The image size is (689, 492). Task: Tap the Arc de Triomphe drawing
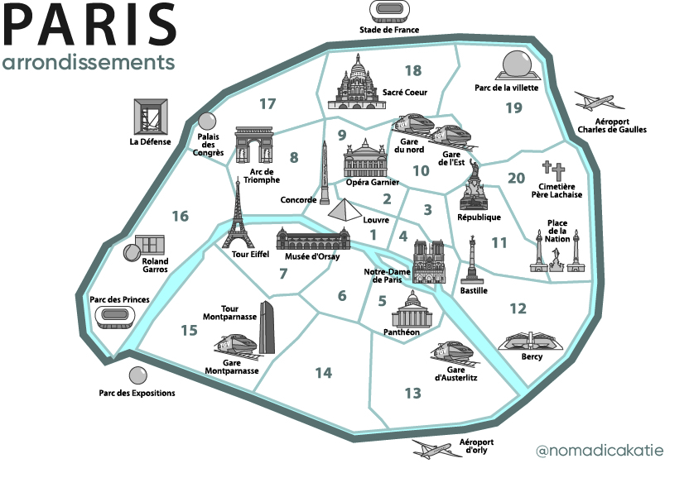point(253,147)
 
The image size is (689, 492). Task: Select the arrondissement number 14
point(323,373)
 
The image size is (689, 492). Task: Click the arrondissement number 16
point(181,217)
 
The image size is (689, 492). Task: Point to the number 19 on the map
point(513,107)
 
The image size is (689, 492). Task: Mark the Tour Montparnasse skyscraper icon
point(267,327)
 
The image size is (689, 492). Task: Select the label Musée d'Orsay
point(307,256)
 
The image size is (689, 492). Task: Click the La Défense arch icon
point(150,117)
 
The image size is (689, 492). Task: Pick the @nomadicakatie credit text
point(600,451)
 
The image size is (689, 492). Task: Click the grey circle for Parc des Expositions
point(137,376)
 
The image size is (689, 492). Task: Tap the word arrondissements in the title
point(88,63)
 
